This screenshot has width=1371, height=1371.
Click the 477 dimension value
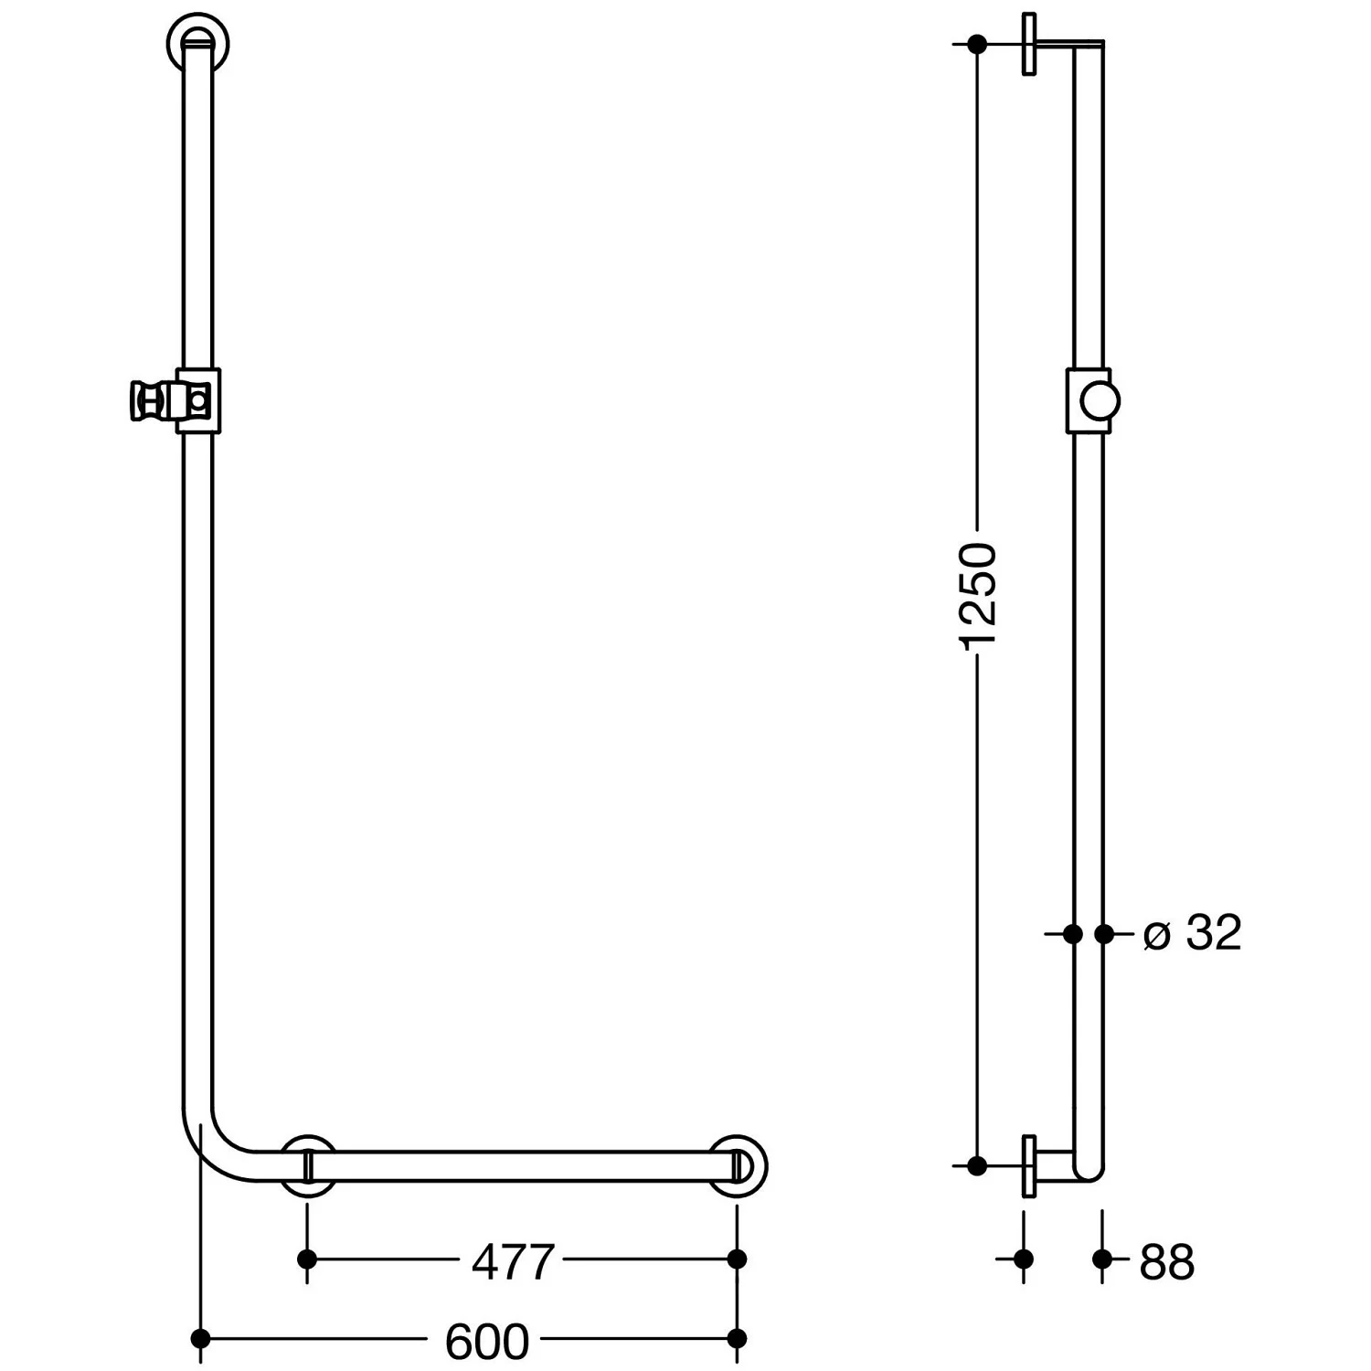point(513,1262)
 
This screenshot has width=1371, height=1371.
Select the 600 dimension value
point(487,1342)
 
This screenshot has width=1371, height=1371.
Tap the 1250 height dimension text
point(978,596)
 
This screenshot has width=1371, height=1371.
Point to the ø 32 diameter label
point(1193,933)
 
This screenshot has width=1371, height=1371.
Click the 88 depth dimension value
point(1167,1262)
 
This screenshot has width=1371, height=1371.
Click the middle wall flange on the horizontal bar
point(307,1166)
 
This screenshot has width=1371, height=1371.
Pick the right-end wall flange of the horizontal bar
point(739,1166)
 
